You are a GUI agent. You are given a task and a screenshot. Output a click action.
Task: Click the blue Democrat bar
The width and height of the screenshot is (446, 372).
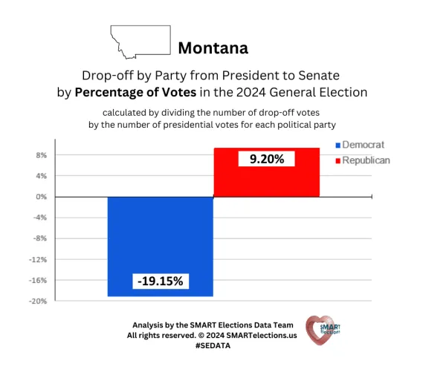(x=161, y=246)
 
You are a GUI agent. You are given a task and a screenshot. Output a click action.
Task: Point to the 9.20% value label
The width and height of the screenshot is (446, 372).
(x=266, y=158)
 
